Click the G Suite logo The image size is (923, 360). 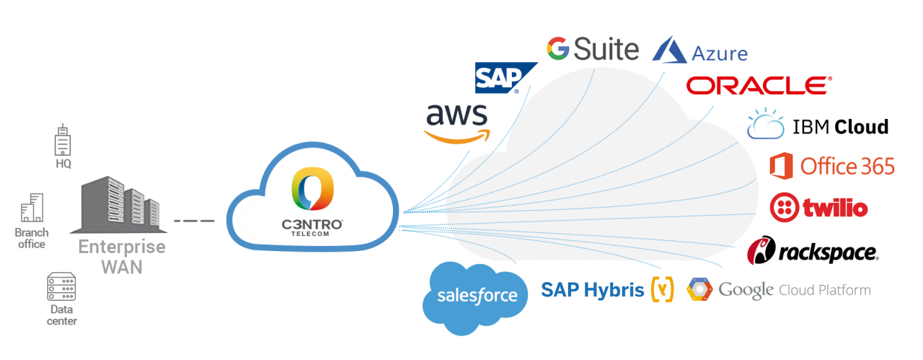593,49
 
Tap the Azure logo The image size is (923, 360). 699,51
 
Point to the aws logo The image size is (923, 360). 457,123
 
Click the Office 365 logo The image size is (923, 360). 832,167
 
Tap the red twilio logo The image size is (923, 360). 819,208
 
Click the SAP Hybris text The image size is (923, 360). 593,290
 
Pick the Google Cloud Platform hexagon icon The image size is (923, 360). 699,289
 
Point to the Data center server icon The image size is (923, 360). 62,288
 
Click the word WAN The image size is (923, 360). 121,266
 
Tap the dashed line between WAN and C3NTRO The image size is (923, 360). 196,219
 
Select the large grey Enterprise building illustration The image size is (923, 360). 119,205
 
